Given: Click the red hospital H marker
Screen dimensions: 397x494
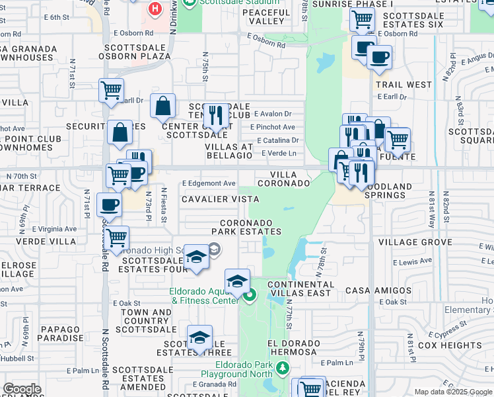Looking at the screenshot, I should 155,9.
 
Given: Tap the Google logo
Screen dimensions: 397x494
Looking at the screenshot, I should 22,389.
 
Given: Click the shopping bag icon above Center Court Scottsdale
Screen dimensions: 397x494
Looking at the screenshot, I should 162,105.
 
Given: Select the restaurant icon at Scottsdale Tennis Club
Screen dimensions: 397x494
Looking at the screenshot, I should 215,116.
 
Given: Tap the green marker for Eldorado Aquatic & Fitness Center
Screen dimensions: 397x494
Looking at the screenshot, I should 249,296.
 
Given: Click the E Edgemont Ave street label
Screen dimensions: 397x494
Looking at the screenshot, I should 209,183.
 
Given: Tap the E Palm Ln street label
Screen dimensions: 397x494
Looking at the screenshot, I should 336,363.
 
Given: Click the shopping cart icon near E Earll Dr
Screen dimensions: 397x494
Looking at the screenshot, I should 112,91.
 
